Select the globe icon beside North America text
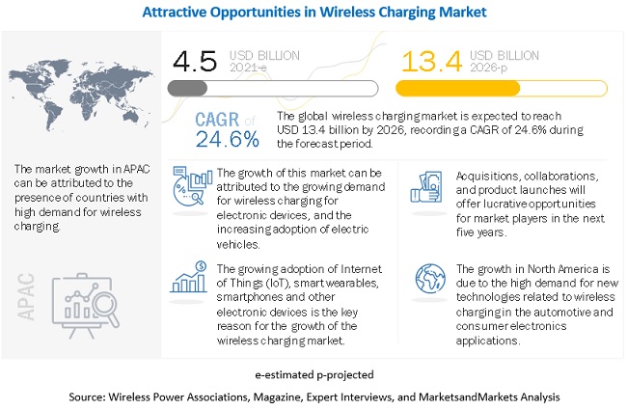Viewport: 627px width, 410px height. (425, 275)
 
